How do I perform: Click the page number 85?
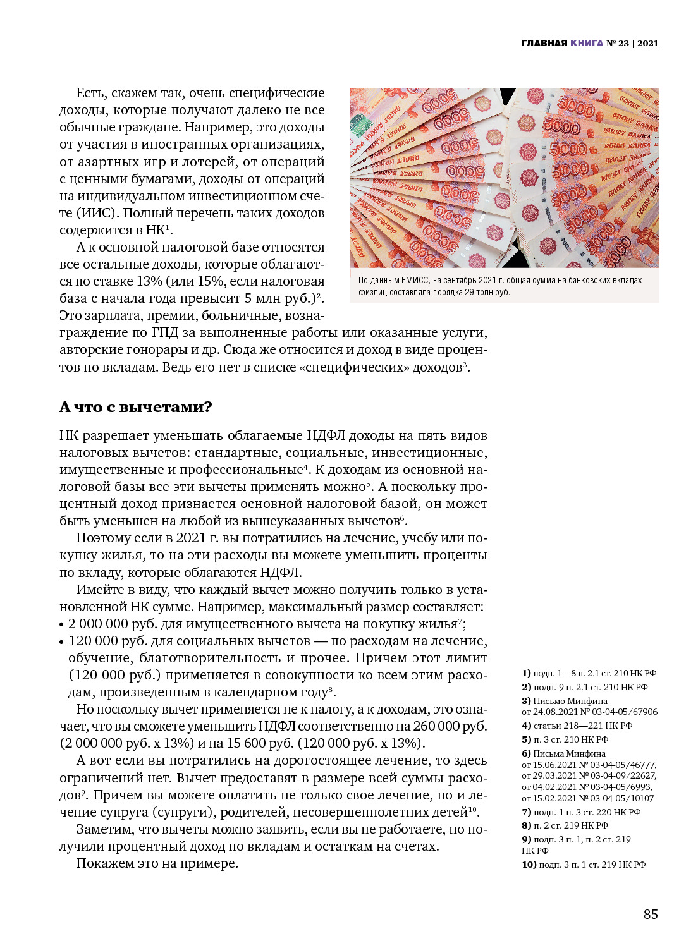click(651, 914)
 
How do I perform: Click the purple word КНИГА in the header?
click(587, 43)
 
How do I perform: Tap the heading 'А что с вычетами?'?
click(135, 407)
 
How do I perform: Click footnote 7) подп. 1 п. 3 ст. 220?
click(580, 812)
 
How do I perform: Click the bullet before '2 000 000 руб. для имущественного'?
click(62, 624)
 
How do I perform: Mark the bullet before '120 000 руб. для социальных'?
click(62, 641)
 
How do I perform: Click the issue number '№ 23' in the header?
click(618, 43)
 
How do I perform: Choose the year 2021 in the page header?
click(647, 43)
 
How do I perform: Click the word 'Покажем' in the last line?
click(102, 863)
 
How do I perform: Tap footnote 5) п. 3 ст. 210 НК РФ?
click(565, 739)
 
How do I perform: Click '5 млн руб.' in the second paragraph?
click(279, 298)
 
